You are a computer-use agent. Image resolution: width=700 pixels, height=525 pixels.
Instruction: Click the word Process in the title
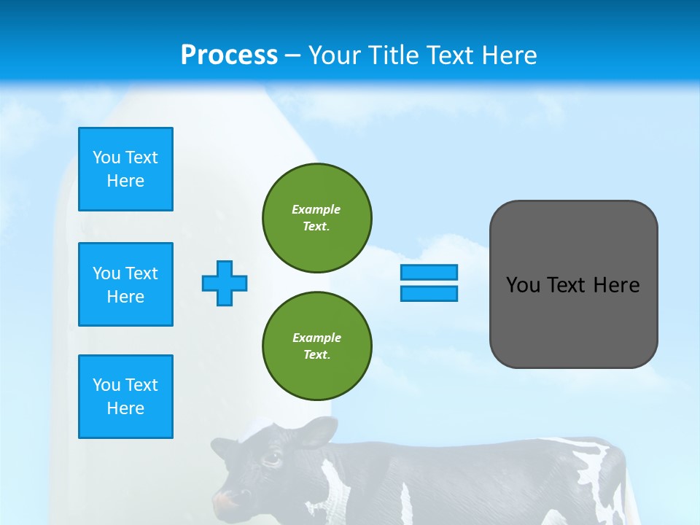click(x=229, y=55)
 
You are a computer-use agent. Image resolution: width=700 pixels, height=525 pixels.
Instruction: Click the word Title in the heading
click(x=393, y=55)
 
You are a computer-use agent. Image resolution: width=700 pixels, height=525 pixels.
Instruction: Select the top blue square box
click(x=125, y=169)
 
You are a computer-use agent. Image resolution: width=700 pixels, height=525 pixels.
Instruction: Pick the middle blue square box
click(x=125, y=284)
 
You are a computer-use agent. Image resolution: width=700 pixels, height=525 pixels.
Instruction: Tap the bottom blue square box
click(x=125, y=397)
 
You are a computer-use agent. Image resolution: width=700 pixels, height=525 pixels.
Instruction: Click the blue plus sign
click(x=225, y=283)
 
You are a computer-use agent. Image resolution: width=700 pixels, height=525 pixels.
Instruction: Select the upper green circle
click(x=317, y=217)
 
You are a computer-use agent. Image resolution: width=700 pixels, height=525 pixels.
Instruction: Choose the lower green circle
click(x=317, y=346)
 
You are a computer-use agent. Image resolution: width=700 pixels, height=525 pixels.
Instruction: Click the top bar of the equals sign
click(x=429, y=272)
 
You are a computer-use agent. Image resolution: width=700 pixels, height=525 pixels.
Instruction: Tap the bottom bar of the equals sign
click(x=429, y=293)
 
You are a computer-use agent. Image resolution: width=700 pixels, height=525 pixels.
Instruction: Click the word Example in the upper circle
click(x=316, y=209)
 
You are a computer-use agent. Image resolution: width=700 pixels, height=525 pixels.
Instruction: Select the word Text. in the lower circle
click(x=316, y=354)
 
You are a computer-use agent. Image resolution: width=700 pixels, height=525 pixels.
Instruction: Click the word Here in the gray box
click(x=616, y=285)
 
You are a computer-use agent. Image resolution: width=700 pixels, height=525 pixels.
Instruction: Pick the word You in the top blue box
click(x=106, y=157)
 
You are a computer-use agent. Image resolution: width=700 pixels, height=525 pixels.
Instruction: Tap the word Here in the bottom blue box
click(x=125, y=408)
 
